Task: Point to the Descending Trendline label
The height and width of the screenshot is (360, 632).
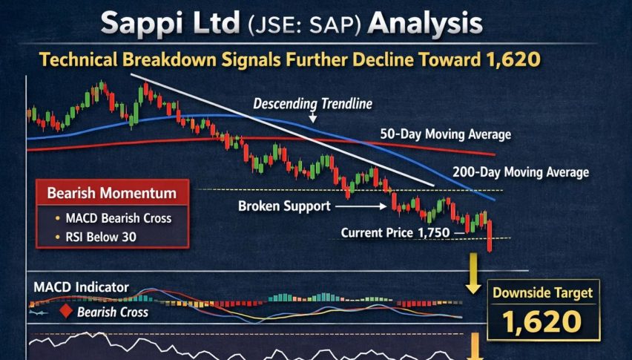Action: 312,103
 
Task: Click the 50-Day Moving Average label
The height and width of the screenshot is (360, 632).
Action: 445,134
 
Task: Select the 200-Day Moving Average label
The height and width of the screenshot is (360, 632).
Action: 520,172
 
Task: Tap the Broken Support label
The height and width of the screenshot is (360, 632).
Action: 284,206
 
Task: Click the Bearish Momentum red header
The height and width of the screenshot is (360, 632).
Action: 112,194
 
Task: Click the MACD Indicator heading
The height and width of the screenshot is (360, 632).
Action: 82,287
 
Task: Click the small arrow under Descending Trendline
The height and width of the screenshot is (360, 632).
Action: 312,117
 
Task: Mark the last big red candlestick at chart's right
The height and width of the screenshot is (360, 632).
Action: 490,238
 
